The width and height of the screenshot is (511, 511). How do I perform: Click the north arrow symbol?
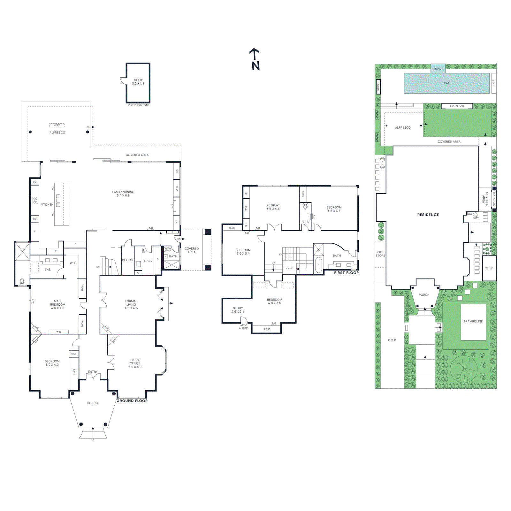click(x=255, y=59)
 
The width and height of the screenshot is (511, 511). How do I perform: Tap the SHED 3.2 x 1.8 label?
click(x=138, y=82)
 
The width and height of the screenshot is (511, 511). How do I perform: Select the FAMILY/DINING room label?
click(x=123, y=194)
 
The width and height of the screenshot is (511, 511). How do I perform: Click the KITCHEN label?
click(x=47, y=204)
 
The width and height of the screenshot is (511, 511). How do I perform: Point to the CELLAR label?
click(x=127, y=260)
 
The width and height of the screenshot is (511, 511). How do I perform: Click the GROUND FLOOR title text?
click(x=132, y=401)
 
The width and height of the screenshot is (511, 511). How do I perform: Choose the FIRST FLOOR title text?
click(x=346, y=273)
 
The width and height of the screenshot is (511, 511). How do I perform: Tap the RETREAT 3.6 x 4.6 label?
click(x=273, y=207)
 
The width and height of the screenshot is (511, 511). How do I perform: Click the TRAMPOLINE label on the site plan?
click(x=473, y=321)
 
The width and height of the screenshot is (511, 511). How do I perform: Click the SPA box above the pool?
click(x=438, y=69)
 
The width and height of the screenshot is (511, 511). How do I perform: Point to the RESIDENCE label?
click(x=428, y=215)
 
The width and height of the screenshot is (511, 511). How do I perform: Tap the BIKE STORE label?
click(x=380, y=254)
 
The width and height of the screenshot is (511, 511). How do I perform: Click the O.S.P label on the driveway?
click(x=392, y=340)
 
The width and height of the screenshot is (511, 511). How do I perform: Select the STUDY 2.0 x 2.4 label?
click(x=238, y=310)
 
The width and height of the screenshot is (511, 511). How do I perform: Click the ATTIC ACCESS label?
click(x=244, y=327)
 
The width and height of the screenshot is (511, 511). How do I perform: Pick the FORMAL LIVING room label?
click(x=131, y=304)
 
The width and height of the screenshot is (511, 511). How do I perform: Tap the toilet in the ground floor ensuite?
click(x=22, y=281)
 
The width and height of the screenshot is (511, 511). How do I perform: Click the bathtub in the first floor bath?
click(x=318, y=265)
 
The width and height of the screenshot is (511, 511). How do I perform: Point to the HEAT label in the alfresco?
click(x=57, y=125)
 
